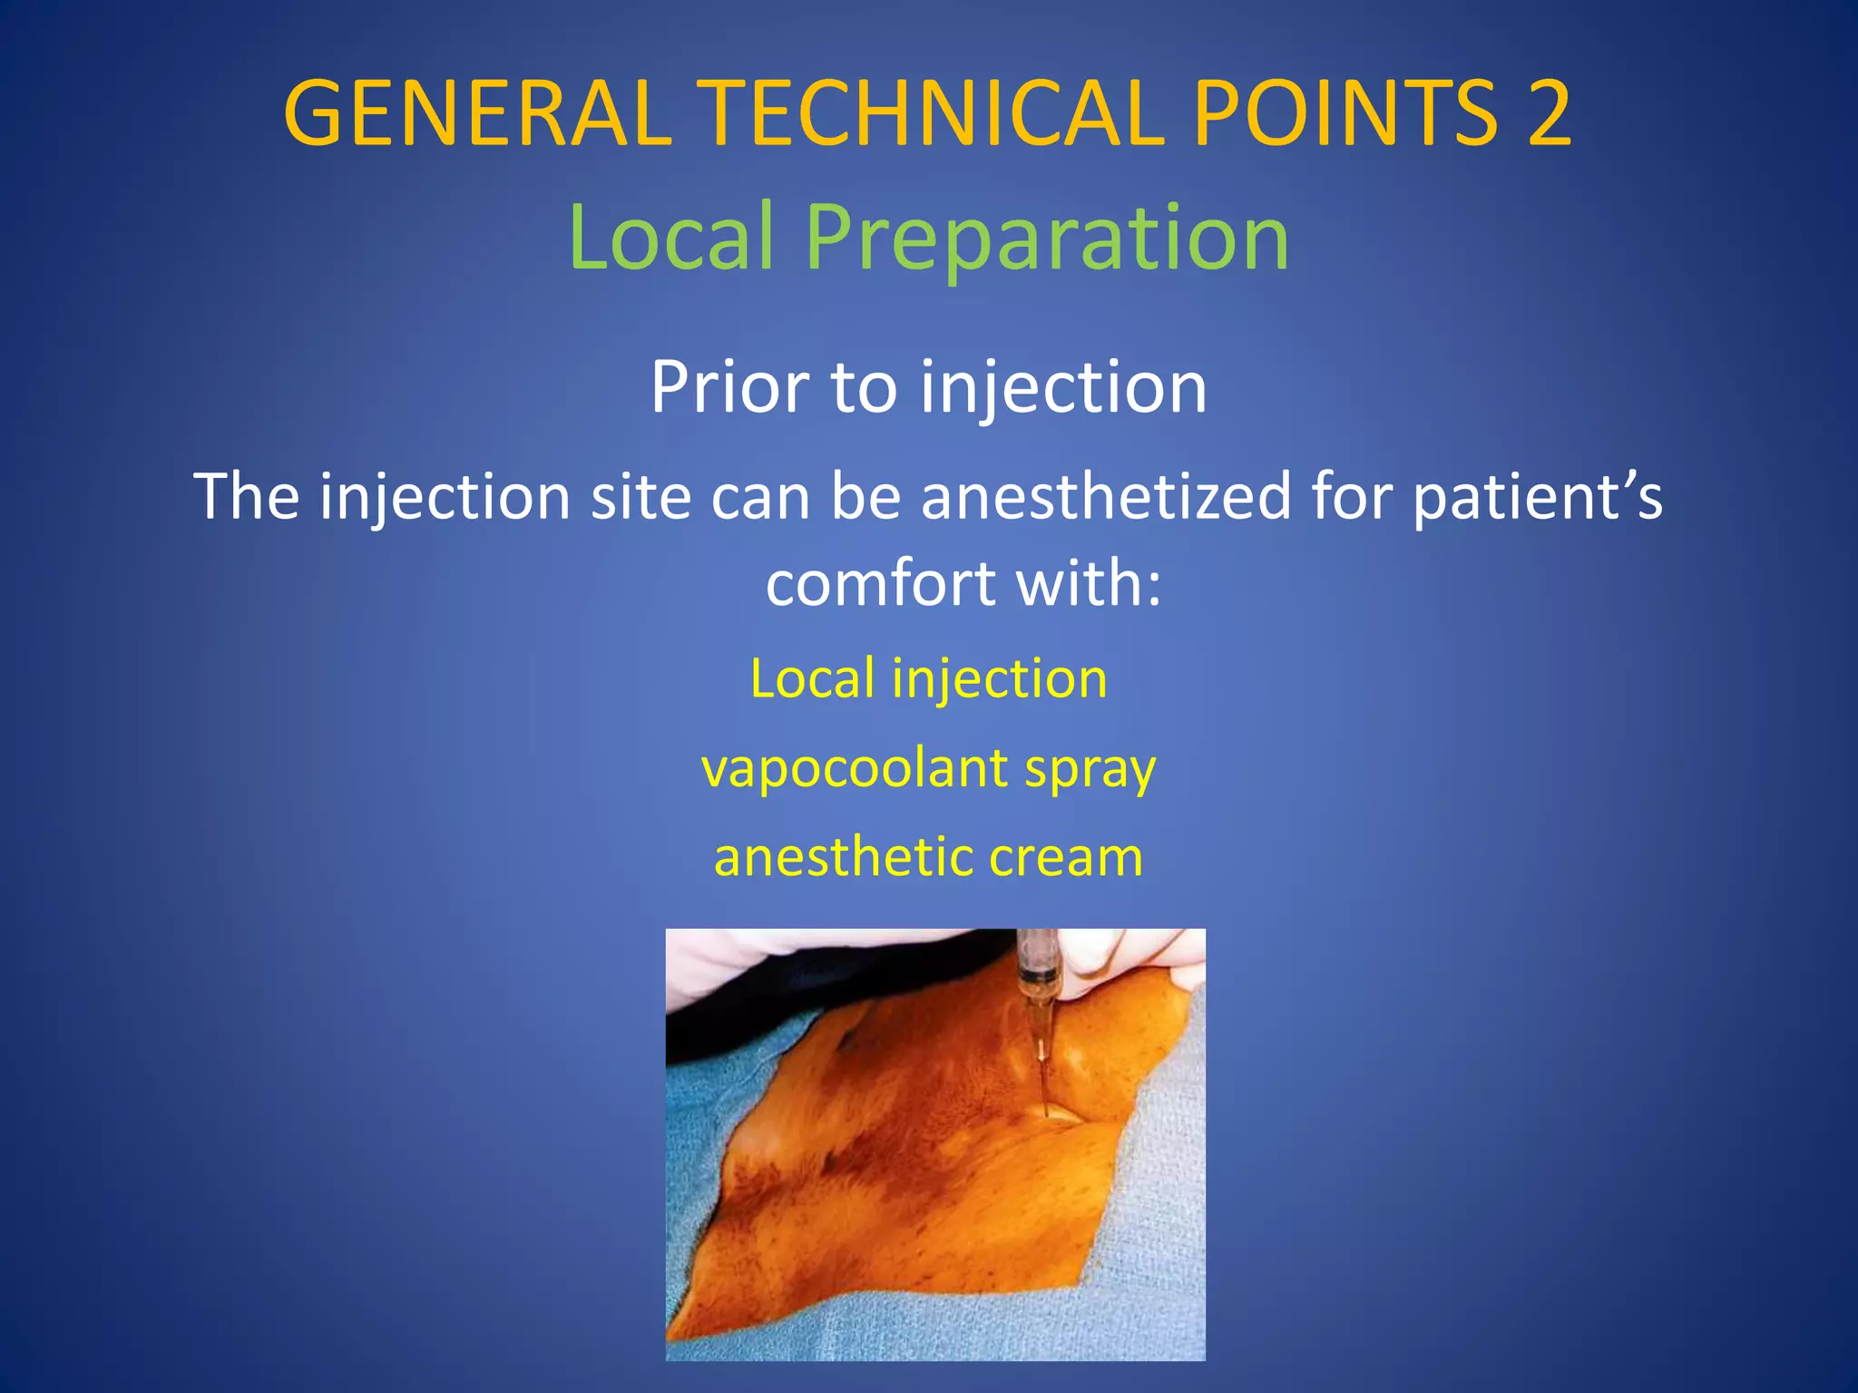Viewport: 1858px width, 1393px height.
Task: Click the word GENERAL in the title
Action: coord(477,113)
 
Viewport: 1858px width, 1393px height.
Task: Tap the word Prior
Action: coord(729,388)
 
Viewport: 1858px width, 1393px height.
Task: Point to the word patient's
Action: coord(1537,498)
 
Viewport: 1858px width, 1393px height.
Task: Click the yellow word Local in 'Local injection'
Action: coord(813,678)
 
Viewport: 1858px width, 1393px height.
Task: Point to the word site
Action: coord(641,496)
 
